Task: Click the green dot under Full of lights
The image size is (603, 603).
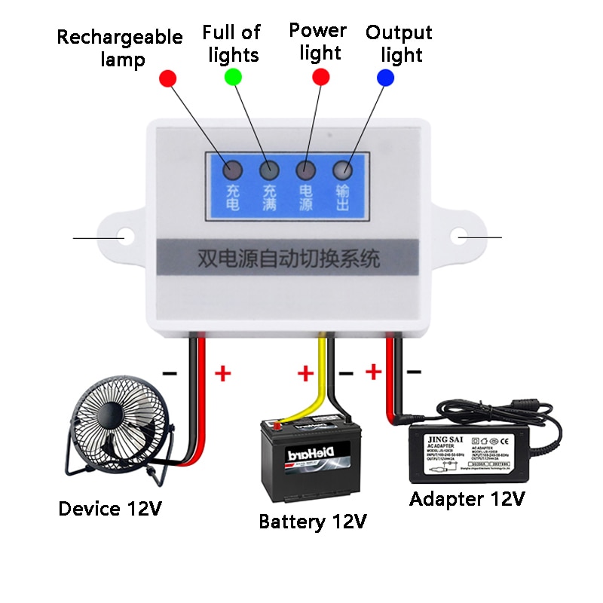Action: tap(233, 77)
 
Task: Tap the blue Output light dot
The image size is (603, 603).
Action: tap(386, 77)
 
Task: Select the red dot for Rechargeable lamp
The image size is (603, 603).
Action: tap(167, 78)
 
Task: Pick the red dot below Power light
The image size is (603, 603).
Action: tap(321, 77)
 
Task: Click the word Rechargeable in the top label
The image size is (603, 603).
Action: tap(119, 37)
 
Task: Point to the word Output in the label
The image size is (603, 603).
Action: tap(399, 33)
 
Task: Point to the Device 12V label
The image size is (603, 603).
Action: tap(110, 509)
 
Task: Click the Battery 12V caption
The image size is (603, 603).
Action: tap(313, 522)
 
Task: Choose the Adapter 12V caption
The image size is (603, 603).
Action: tap(467, 498)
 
